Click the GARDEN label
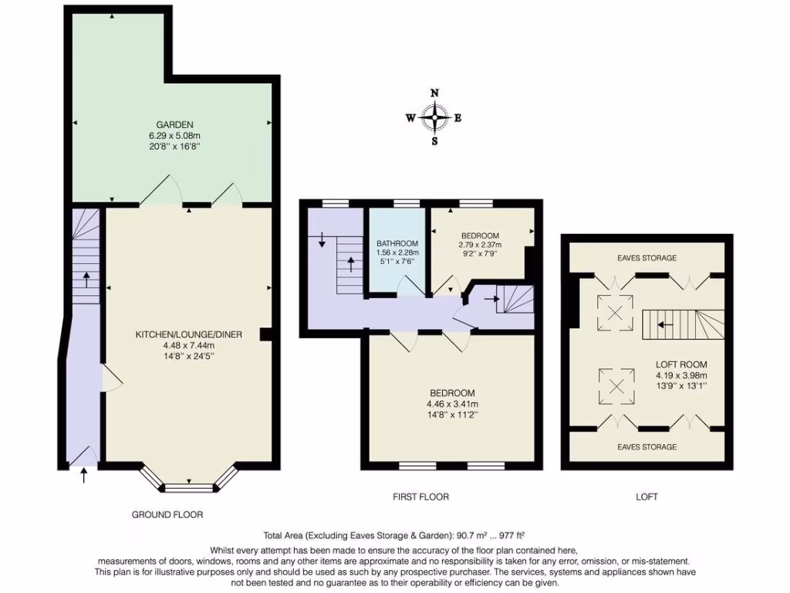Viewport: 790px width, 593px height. click(174, 124)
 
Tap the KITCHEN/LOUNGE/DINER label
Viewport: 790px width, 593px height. click(189, 334)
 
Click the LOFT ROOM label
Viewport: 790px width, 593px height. click(681, 364)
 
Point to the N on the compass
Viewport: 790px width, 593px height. click(435, 93)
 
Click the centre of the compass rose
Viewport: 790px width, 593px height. click(435, 118)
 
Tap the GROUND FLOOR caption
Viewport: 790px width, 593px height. click(167, 514)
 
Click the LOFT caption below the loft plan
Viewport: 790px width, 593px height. click(647, 496)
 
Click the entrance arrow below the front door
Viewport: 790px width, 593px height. click(84, 475)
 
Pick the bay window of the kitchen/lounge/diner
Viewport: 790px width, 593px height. click(189, 487)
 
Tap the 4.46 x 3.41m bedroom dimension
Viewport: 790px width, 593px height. click(452, 404)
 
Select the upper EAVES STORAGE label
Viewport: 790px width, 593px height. click(647, 258)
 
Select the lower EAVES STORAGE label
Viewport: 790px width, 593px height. click(647, 447)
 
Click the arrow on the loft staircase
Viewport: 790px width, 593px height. click(662, 326)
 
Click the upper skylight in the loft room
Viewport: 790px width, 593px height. click(615, 313)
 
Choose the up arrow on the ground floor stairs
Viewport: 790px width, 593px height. click(86, 278)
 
